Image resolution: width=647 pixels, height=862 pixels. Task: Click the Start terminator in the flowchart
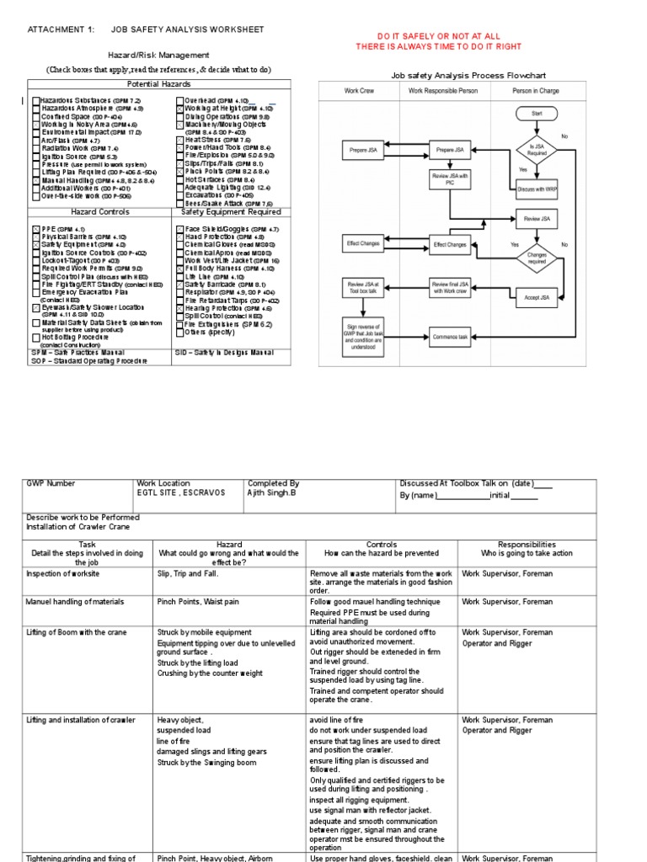tap(537, 112)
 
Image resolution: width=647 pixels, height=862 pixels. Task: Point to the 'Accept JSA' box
tap(537, 296)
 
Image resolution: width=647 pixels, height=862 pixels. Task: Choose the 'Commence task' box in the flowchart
tap(450, 336)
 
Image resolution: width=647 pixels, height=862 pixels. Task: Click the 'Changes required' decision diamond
tap(537, 257)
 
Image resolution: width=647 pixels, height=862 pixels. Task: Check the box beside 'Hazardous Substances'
tap(36, 101)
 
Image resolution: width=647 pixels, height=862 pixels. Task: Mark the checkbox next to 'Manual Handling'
tap(36, 180)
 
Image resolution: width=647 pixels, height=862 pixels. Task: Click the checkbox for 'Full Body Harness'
tap(179, 269)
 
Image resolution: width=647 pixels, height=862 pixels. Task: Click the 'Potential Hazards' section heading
tap(158, 84)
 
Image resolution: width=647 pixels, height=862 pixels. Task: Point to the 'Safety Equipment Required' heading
tap(231, 212)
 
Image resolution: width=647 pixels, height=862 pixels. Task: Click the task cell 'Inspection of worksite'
tap(63, 574)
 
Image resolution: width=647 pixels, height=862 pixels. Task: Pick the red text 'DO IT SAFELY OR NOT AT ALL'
tap(438, 37)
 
